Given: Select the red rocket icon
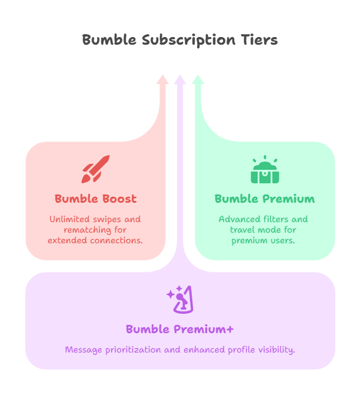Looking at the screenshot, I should [x=96, y=169].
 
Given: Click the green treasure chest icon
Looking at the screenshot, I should [x=265, y=171].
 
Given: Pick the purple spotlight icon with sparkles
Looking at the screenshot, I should [x=180, y=300].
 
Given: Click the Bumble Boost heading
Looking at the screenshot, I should [x=96, y=199].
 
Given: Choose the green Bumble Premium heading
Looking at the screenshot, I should [x=265, y=199].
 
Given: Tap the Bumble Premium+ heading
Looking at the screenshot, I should [x=180, y=329].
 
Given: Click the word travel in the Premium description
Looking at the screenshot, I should [x=242, y=230].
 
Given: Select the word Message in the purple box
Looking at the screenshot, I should [x=84, y=350].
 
